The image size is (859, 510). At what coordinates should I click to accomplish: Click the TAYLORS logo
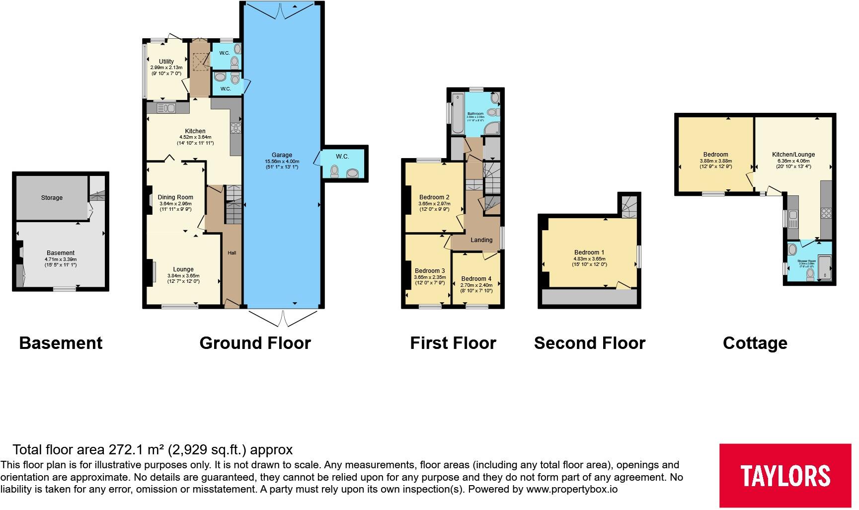[x=785, y=475]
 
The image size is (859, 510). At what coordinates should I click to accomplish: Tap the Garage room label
[x=282, y=155]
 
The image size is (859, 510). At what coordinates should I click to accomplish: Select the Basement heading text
[x=61, y=343]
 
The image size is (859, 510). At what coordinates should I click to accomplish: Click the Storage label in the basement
[x=52, y=198]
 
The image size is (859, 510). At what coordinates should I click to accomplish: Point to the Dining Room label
[x=175, y=197]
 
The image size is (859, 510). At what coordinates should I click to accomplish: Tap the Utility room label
[x=166, y=62]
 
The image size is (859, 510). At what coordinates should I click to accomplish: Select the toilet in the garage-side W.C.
[x=335, y=171]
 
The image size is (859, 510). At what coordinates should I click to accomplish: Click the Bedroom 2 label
[x=434, y=197]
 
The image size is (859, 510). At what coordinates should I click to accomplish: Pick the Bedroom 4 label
[x=476, y=279]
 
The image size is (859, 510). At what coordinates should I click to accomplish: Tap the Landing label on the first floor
[x=481, y=240]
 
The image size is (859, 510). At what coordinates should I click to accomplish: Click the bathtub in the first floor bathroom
[x=458, y=114]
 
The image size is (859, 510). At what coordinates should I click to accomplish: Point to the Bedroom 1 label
[x=589, y=253]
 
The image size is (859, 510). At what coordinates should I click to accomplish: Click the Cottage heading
[x=755, y=343]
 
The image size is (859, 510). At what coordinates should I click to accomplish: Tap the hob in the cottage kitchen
[x=826, y=213]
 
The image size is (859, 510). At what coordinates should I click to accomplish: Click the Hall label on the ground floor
[x=232, y=253]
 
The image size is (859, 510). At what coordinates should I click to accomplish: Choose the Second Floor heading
[x=590, y=343]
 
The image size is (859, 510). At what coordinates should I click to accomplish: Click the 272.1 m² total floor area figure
[x=137, y=450]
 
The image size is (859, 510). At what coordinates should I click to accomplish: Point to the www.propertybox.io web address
[x=572, y=489]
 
